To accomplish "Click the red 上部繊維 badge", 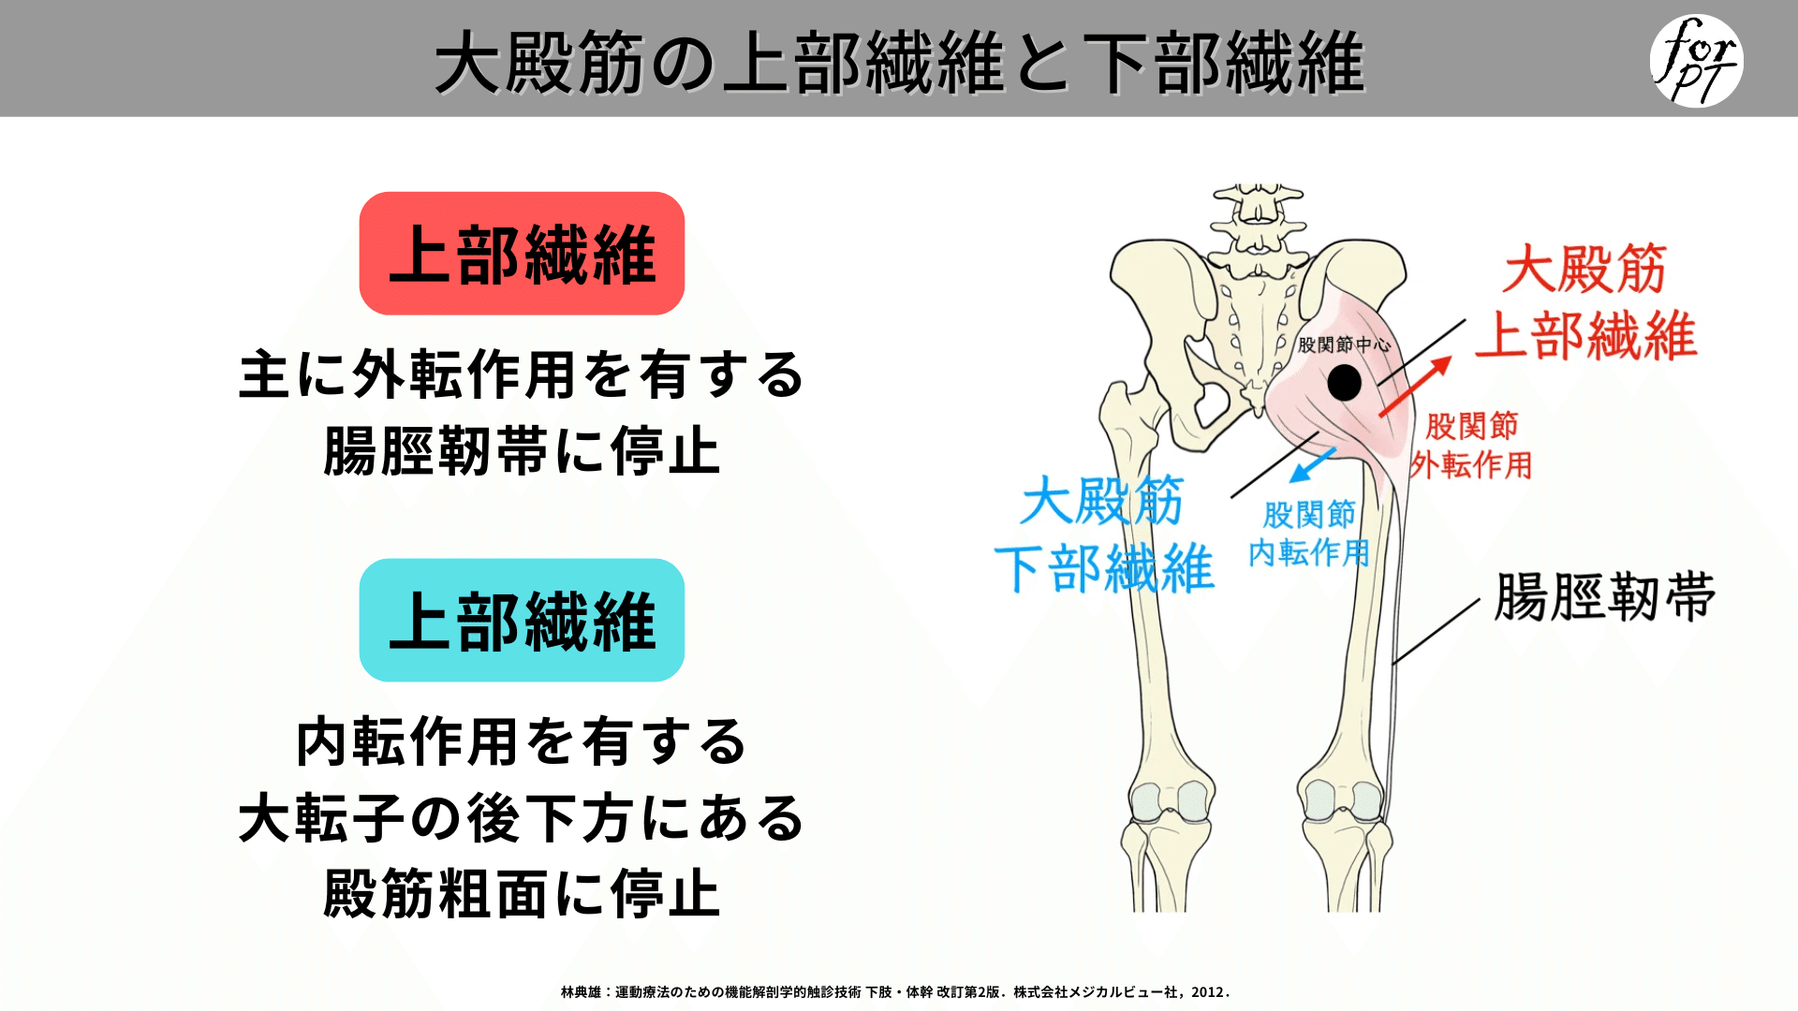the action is coord(522,254).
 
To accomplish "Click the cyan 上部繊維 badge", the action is coord(522,621).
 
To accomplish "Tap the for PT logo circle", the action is coord(1696,61).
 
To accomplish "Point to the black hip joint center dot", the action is coord(1344,382).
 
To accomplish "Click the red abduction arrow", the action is coord(1415,386).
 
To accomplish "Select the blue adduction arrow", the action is coord(1313,464).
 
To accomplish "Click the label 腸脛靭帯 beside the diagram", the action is coord(1605,597).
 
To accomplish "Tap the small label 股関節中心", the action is coord(1344,344).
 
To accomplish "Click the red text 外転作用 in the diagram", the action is coord(1471,465).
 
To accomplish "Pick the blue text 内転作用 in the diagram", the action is coord(1309,553).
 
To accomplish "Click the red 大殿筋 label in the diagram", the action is coord(1584,270).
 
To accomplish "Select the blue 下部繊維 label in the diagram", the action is coord(1105,569).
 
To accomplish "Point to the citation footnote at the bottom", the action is coord(895,992).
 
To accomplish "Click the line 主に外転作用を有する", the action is coord(522,374).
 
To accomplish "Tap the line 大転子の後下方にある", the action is coord(522,818).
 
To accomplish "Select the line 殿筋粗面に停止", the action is coord(522,894).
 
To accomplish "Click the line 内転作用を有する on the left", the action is coord(522,742).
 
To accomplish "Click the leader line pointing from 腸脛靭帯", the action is coord(1436,632).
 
